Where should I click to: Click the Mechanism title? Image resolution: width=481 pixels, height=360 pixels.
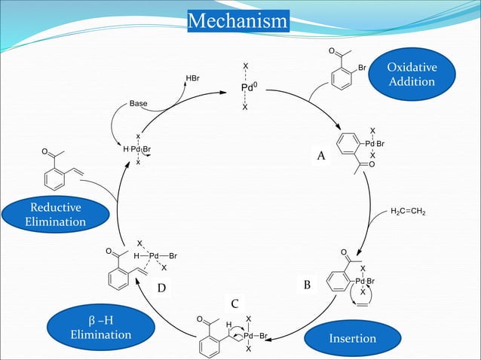238,21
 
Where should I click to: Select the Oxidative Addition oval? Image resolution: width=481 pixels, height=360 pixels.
412,74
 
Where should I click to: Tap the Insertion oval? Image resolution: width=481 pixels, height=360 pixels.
353,338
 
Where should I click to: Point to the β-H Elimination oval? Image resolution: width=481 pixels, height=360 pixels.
101,327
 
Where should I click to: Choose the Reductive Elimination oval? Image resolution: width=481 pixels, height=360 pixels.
56,215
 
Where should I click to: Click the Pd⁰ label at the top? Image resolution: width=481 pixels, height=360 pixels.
249,87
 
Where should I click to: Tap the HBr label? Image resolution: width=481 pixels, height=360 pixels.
193,78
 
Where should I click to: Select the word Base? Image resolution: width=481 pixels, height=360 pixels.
138,104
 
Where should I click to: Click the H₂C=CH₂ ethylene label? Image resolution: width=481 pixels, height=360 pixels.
408,212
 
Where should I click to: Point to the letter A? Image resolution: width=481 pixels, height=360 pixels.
321,156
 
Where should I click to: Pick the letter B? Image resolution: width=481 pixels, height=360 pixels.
307,285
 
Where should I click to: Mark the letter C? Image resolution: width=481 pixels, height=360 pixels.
235,304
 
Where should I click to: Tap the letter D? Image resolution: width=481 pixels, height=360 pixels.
161,288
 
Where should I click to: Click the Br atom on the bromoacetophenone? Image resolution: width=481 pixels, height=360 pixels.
363,67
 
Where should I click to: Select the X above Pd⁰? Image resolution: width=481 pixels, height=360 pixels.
246,66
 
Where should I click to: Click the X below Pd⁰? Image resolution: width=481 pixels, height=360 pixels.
245,107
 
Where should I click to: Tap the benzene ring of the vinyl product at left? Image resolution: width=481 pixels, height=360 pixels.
54,179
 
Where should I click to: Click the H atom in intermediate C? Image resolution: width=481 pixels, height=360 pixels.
228,325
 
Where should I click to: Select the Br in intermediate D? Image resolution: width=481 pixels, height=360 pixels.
173,256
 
